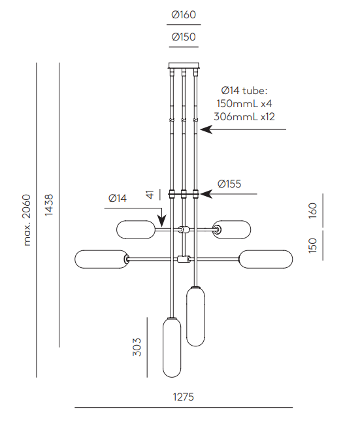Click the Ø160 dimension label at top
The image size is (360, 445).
point(184,15)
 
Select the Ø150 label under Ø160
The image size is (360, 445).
point(184,37)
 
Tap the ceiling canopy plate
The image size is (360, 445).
point(184,66)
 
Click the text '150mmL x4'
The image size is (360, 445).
point(244,104)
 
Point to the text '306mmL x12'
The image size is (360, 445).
point(244,117)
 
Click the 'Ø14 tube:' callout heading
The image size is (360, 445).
point(244,91)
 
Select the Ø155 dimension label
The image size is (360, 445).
point(229,184)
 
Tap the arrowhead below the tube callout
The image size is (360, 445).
point(206,129)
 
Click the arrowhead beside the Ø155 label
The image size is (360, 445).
point(206,194)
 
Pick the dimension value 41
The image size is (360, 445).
point(150,195)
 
